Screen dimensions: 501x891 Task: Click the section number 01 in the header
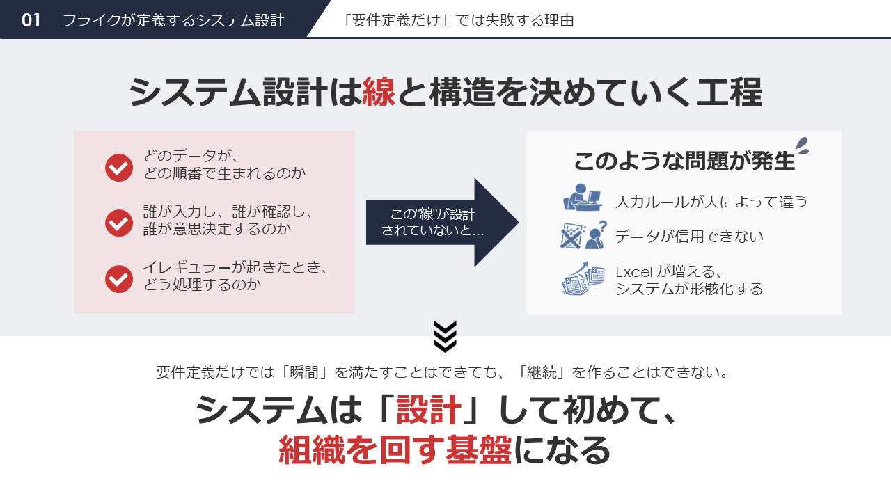click(31, 20)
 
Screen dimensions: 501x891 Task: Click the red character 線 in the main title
click(379, 93)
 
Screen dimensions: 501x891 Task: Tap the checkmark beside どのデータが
click(119, 168)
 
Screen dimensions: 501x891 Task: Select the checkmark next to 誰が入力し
click(119, 223)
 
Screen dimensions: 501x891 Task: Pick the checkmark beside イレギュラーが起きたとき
click(119, 279)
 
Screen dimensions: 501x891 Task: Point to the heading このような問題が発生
click(684, 161)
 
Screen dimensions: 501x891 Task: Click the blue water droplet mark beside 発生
click(803, 145)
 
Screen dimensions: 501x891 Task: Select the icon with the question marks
click(583, 235)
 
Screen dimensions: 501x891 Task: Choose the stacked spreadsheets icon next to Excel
click(583, 279)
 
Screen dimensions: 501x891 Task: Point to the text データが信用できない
click(689, 237)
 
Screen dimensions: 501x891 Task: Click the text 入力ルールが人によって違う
click(711, 202)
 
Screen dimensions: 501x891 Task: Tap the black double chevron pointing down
click(445, 336)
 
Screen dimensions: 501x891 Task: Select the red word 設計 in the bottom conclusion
click(429, 411)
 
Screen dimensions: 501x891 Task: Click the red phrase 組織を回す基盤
click(395, 451)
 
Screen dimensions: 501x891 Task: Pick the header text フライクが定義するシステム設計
click(173, 20)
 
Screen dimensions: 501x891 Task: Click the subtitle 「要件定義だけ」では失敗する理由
click(459, 20)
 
